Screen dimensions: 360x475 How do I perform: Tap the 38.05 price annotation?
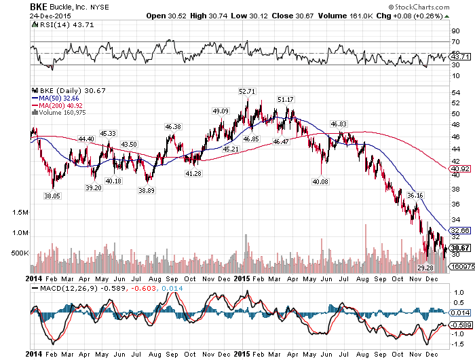point(52,195)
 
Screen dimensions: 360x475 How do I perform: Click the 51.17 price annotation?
point(286,100)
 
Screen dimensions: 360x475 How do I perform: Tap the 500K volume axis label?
point(20,253)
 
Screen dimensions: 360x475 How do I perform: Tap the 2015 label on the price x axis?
point(242,278)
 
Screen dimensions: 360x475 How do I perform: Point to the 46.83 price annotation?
point(338,124)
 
